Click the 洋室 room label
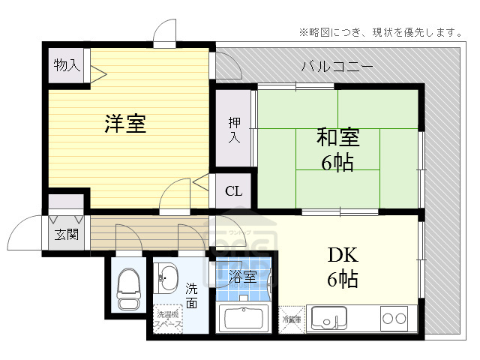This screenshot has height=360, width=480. [125, 124]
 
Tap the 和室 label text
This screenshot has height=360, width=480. [337, 139]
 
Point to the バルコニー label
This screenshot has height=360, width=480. [337, 66]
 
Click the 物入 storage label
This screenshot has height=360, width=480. [67, 65]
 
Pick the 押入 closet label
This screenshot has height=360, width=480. [234, 129]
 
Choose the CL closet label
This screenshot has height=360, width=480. [233, 190]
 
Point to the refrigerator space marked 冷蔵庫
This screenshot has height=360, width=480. [292, 319]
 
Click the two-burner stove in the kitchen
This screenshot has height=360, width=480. [394, 318]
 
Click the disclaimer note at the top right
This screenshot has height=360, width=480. [380, 31]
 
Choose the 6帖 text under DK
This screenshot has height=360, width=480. [341, 280]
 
